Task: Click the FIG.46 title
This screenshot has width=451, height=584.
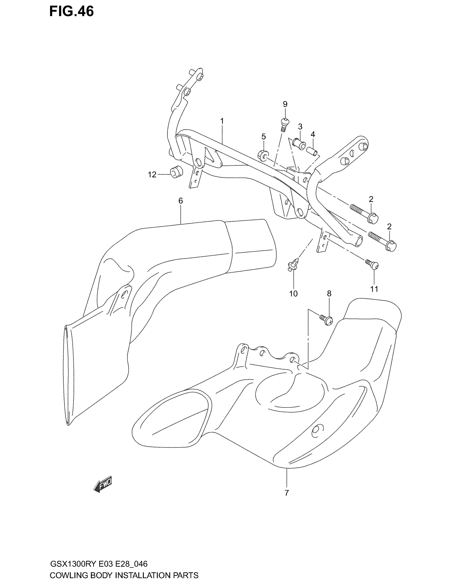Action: tap(71, 11)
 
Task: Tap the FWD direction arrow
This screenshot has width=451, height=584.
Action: tap(103, 484)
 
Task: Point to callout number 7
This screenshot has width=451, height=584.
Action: tap(287, 493)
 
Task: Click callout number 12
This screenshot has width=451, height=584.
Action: tap(152, 175)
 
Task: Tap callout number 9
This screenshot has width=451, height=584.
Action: tap(285, 104)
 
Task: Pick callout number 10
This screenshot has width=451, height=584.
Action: tap(293, 294)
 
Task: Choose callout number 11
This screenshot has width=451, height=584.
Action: tap(374, 289)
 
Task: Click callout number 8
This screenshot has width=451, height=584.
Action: tap(329, 294)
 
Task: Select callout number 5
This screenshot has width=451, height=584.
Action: tap(263, 137)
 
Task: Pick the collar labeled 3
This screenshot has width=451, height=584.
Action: tap(299, 144)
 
